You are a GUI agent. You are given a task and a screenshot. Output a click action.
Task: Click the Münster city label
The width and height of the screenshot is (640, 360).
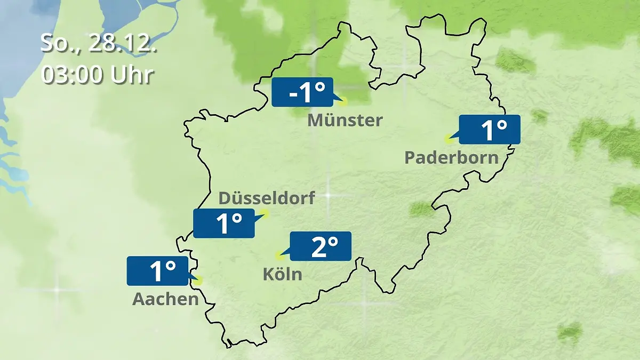345,121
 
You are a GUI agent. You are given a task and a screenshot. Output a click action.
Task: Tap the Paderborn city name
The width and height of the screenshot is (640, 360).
451,158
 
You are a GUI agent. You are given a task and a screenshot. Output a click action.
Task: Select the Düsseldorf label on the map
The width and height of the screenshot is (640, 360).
267,198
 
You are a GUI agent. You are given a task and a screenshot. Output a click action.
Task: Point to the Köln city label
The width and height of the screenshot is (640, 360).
282,275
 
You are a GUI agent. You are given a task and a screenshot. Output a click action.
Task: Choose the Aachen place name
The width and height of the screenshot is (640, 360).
165,299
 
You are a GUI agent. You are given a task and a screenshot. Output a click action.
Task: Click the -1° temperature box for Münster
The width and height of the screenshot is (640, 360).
302,92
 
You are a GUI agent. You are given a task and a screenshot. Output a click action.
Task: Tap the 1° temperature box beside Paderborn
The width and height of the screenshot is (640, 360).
490,130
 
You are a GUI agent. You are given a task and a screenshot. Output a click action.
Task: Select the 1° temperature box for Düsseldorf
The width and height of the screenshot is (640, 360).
223,223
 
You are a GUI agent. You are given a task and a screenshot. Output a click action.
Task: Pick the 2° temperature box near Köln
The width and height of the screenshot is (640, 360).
320,246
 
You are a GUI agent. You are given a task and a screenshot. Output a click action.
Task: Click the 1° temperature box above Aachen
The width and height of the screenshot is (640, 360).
157,271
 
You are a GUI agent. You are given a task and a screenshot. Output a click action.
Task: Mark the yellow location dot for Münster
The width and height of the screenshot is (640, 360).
343,101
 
